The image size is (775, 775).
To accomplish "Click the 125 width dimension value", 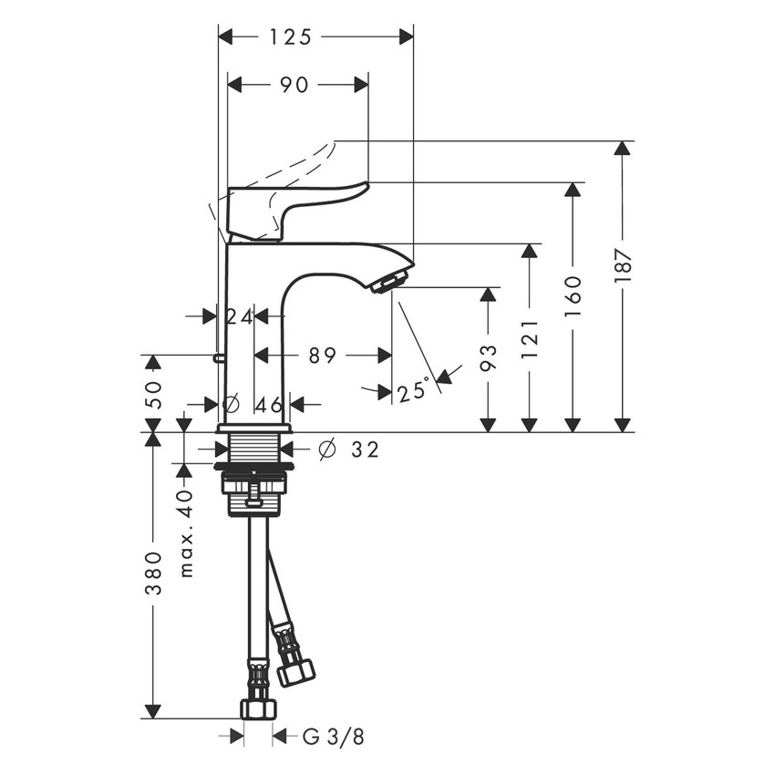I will tap(291, 36).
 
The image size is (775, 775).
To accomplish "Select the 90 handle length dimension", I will tap(293, 85).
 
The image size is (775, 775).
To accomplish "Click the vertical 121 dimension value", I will tap(530, 336).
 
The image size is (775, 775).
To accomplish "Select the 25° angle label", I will tap(413, 392).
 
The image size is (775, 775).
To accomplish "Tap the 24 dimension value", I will tap(239, 316).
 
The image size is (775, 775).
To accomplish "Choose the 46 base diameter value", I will tap(268, 404).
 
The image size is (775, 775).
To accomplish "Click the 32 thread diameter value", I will tap(363, 449).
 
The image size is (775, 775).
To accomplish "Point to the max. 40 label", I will tap(188, 532).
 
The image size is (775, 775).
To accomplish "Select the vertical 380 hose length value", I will tap(154, 573).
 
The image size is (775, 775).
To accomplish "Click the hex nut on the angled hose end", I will tap(295, 671).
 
